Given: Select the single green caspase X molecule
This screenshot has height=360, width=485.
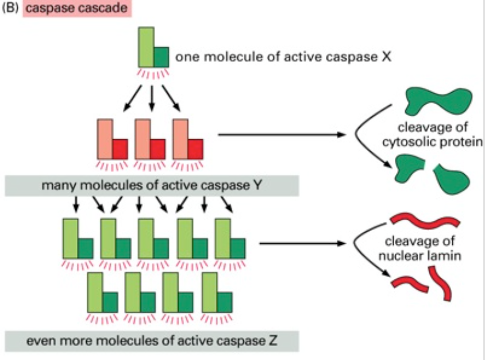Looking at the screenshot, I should (x=152, y=48).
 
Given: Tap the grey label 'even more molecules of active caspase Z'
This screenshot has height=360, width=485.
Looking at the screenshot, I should (x=152, y=340).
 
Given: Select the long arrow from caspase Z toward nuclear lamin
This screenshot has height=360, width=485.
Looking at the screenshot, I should (x=302, y=243).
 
